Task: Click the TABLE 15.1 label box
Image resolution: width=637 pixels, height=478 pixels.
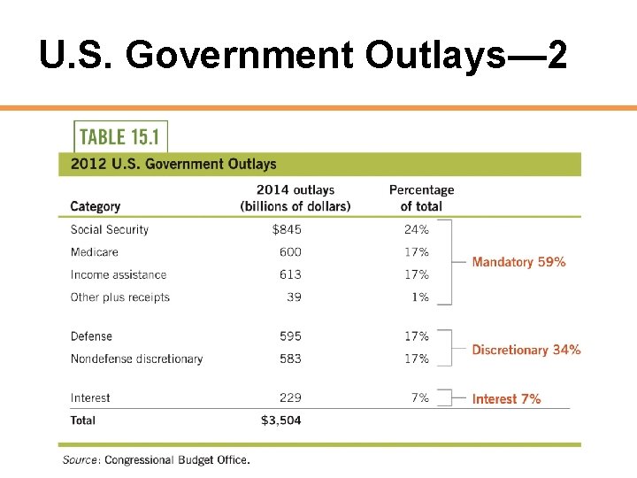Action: click(x=120, y=137)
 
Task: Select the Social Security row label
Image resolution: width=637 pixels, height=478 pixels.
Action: click(x=110, y=229)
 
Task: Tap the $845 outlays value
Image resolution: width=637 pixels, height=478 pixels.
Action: click(x=287, y=229)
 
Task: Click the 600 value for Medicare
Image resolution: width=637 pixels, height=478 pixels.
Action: click(x=291, y=252)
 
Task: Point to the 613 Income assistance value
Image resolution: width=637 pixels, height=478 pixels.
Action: click(x=291, y=274)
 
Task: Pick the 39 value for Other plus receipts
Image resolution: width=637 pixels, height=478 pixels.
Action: click(x=294, y=297)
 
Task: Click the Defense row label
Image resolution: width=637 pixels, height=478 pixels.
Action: click(x=91, y=336)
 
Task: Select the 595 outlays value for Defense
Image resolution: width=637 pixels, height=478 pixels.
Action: click(x=291, y=336)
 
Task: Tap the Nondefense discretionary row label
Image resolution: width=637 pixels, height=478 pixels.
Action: click(x=136, y=358)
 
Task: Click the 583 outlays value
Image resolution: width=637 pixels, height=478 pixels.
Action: click(x=291, y=358)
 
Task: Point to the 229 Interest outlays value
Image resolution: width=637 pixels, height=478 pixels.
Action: click(x=291, y=398)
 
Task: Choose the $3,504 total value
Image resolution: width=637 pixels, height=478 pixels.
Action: click(x=281, y=420)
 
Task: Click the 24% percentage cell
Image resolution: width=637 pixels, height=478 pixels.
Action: click(x=416, y=229)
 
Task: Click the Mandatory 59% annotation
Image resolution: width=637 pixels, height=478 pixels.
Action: click(x=518, y=262)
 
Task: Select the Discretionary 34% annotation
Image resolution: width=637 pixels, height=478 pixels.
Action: click(x=526, y=350)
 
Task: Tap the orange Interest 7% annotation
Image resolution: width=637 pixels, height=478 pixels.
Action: click(x=506, y=399)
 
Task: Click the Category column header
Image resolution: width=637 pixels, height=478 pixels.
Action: click(x=95, y=206)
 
